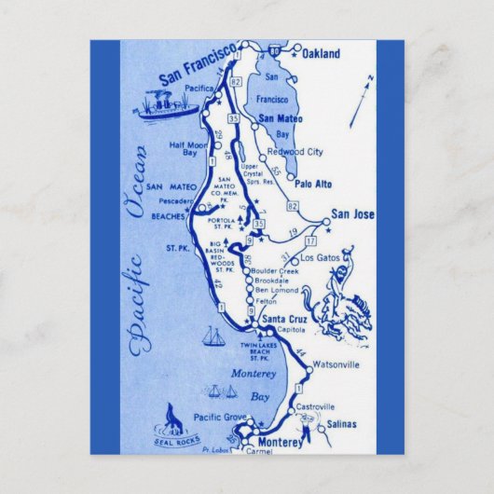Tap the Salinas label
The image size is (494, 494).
(342, 424)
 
